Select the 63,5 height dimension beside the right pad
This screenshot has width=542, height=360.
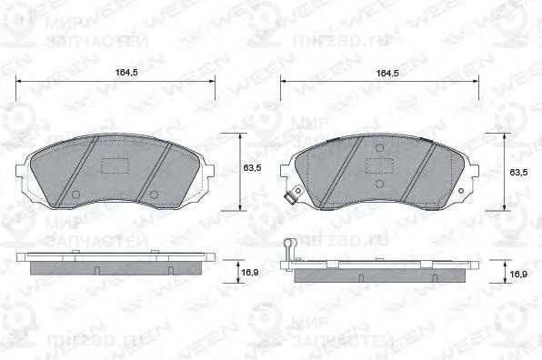tap(517, 171)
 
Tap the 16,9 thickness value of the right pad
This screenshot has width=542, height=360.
tap(517, 272)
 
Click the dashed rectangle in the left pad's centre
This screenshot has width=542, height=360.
tap(115, 166)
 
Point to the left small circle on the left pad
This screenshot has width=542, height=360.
tap(77, 195)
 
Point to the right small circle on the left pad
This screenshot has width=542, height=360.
tap(154, 195)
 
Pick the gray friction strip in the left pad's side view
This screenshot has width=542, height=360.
tap(115, 269)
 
